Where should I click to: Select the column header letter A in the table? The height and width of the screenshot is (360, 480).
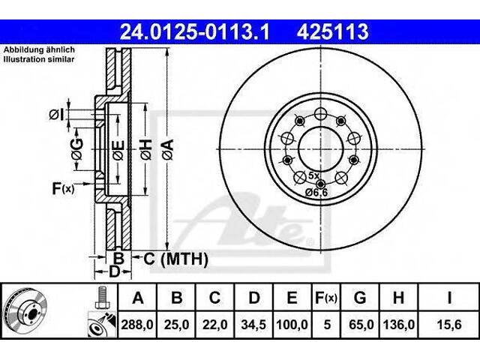click(x=137, y=298)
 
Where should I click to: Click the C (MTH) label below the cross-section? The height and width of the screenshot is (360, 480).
click(x=175, y=259)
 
